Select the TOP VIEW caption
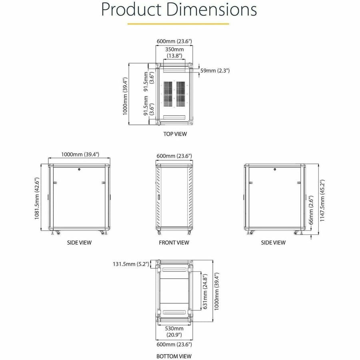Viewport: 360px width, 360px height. [174, 134]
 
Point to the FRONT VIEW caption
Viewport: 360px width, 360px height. [174, 242]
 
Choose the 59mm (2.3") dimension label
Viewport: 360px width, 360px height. [215, 71]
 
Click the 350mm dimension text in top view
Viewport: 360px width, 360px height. [174, 50]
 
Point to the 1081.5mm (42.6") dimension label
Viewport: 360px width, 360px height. [38, 199]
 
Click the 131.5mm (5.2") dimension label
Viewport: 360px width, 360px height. [131, 264]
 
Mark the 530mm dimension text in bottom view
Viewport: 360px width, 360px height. [174, 328]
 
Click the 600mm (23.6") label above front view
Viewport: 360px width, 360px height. [174, 156]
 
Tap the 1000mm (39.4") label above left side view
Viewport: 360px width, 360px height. [80, 154]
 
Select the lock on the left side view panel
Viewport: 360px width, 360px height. [79, 170]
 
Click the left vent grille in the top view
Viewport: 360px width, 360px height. [167, 94]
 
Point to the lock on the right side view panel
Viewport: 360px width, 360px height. [275, 170]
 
